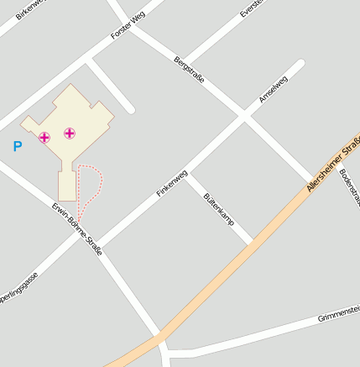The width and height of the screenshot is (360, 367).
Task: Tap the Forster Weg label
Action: tap(128, 25)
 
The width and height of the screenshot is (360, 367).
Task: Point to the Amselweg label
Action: tap(273, 89)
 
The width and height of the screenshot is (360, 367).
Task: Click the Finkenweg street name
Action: tap(171, 184)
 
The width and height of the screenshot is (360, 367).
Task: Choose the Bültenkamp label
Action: tap(217, 207)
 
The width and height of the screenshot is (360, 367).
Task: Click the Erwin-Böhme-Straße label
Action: tap(76, 228)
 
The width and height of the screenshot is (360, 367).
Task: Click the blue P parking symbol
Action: tap(17, 146)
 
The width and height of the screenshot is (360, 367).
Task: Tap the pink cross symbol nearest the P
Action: tap(44, 137)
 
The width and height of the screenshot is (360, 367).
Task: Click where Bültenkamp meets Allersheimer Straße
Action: tap(252, 244)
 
